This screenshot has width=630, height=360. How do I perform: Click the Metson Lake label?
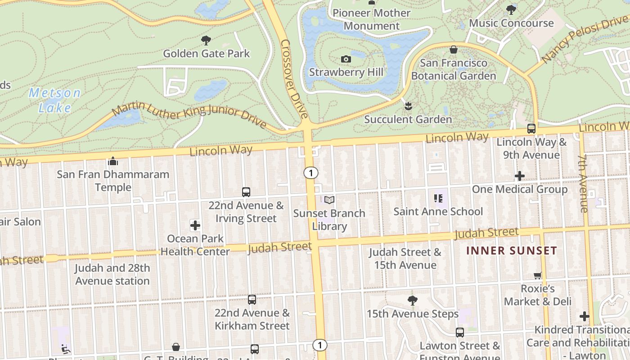[55, 100]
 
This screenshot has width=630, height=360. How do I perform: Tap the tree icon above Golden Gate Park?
[206, 40]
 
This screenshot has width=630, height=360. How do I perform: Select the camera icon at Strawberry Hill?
[346, 59]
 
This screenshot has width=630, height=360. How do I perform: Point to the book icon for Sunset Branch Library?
[329, 200]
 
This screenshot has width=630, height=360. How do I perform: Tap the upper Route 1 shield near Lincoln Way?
[310, 172]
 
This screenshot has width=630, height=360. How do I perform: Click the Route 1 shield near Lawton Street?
[319, 345]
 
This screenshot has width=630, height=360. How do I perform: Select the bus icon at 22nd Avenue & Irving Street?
[246, 192]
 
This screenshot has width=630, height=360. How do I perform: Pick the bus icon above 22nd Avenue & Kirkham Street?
[252, 299]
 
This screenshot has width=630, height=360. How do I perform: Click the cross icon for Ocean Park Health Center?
[195, 225]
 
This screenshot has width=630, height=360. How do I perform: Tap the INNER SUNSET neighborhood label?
[512, 251]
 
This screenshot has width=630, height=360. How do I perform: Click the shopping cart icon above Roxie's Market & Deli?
[538, 275]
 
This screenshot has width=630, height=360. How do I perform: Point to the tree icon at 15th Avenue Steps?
[412, 300]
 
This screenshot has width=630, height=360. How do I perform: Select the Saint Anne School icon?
[438, 198]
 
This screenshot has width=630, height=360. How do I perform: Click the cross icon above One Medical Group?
[520, 175]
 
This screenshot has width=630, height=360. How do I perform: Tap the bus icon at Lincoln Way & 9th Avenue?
[531, 129]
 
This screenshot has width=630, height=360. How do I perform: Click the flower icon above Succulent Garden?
[408, 107]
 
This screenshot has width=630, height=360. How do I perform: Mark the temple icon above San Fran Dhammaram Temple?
[113, 161]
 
